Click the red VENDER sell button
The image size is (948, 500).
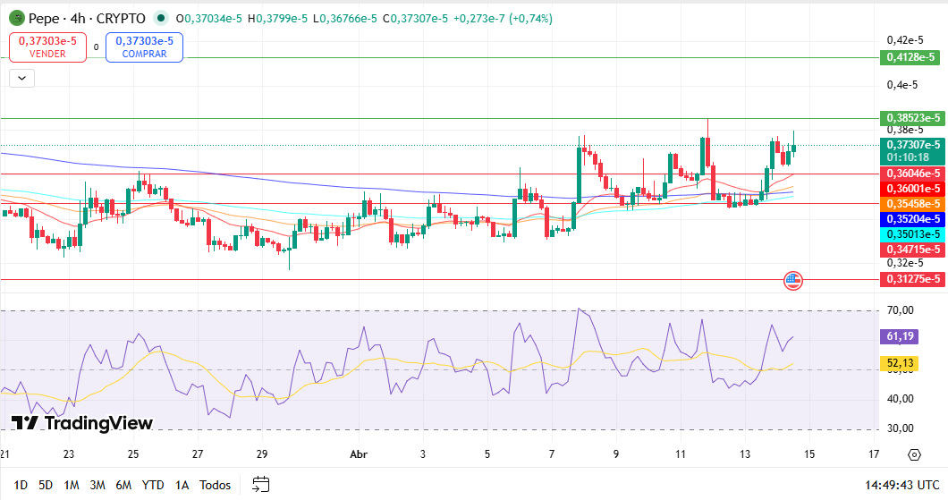click(47, 47)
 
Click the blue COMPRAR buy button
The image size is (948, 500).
click(144, 47)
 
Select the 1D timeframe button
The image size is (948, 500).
click(21, 485)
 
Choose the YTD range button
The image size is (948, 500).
click(154, 485)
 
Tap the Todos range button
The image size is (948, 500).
click(215, 485)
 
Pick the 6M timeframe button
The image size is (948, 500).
click(123, 485)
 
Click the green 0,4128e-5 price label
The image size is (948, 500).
click(912, 57)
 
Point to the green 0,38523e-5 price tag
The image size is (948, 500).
click(912, 118)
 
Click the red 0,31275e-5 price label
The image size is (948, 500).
click(912, 279)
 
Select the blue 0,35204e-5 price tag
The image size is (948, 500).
click(912, 218)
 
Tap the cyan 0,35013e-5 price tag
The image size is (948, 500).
click(912, 233)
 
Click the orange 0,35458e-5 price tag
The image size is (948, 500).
click(912, 203)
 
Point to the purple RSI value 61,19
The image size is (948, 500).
click(900, 336)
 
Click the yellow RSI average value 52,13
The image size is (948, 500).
click(900, 363)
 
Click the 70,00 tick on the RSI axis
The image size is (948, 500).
click(900, 310)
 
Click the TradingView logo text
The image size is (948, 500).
click(82, 423)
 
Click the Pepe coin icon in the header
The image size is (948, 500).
click(16, 18)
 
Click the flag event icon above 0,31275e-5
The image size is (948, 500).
click(792, 280)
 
